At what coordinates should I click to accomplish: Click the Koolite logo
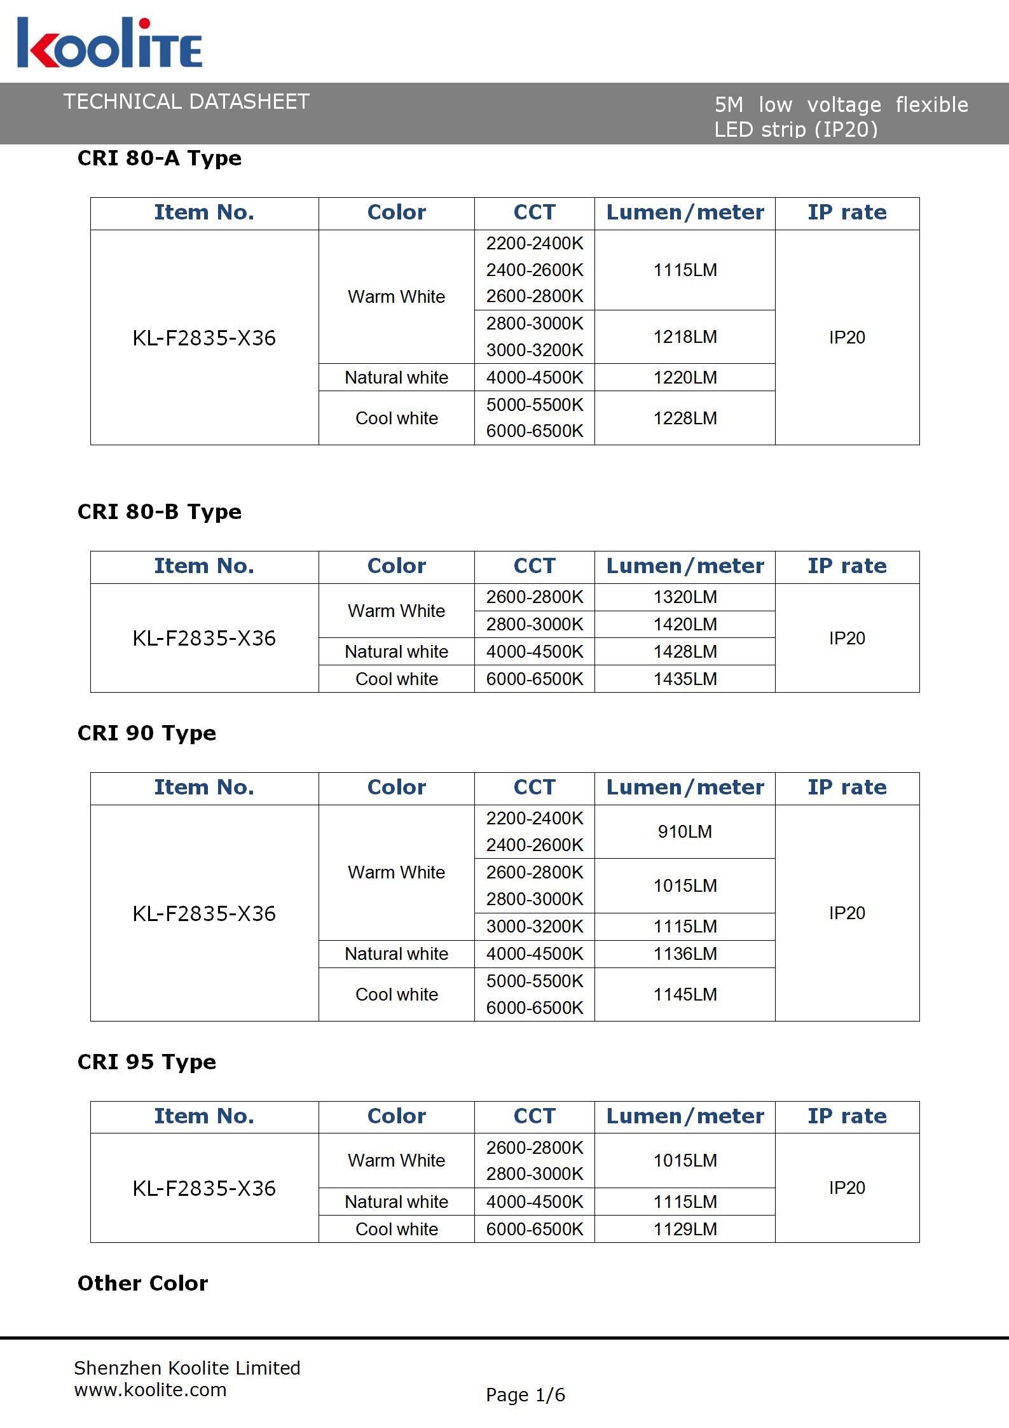coord(109,43)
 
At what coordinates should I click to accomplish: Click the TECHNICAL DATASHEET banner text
coord(186,102)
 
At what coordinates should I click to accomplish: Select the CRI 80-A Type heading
coord(159,158)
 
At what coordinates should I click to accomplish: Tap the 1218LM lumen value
coord(685,336)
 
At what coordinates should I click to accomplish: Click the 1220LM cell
coord(685,377)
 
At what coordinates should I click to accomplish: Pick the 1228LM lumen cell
coord(685,418)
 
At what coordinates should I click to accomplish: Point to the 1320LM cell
coord(685,597)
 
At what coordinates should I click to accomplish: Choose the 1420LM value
coord(685,625)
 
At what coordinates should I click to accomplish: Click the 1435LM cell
coord(685,679)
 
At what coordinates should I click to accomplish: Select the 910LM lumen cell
coord(685,831)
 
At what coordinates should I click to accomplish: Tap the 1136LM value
coord(685,953)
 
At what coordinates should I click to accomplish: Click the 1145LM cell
coord(685,994)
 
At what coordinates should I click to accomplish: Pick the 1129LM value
coord(685,1229)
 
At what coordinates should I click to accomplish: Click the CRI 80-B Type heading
coord(159,511)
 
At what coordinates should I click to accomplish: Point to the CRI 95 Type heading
coord(146,1062)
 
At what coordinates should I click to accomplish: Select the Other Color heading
coord(142,1283)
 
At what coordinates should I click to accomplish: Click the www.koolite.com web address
coord(150,1389)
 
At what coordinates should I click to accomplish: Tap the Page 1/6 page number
coord(525,1395)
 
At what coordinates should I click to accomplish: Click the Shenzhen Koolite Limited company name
coord(187,1368)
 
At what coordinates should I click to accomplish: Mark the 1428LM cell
coord(685,651)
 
